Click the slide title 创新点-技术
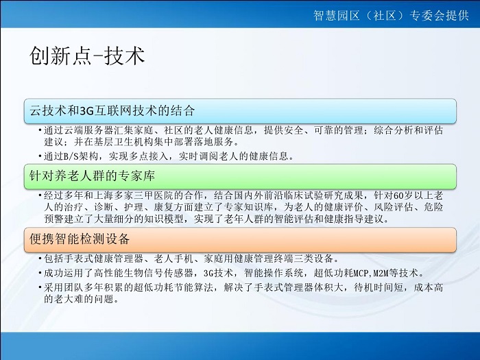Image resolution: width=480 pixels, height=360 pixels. click(x=87, y=56)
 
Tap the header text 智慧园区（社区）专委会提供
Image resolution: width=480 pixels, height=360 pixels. click(x=391, y=15)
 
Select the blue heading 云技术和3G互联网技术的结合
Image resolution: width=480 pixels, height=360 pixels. click(x=112, y=110)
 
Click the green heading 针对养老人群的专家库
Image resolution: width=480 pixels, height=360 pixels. click(x=92, y=176)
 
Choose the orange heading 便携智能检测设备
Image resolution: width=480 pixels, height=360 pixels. click(x=80, y=239)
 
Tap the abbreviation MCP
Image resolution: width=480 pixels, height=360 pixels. click(x=361, y=272)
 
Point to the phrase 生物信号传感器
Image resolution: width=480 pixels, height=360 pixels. click(x=158, y=272)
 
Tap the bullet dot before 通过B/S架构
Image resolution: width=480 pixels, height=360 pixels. click(x=40, y=156)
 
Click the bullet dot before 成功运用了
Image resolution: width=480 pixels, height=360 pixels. click(x=40, y=272)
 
